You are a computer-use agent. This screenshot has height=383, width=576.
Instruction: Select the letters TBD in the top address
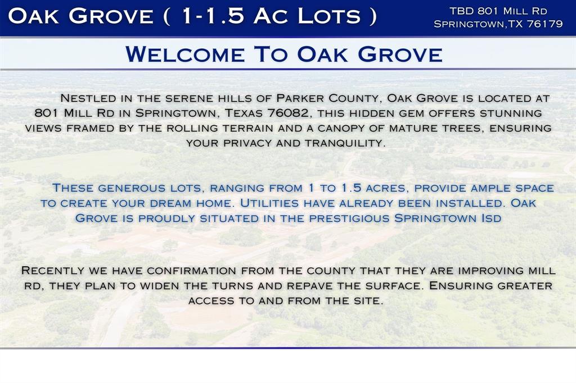point(461,11)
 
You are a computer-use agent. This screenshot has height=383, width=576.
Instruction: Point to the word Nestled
point(87,98)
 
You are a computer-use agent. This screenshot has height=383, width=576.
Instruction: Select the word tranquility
point(345,143)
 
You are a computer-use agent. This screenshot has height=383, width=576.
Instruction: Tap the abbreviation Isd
point(490,218)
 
